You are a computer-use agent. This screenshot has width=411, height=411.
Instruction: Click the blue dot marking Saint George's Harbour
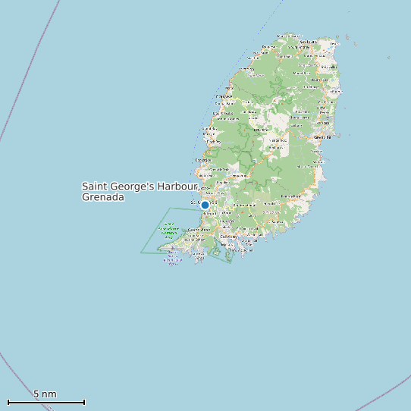205,205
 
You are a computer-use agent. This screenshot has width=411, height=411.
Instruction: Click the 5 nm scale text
45,394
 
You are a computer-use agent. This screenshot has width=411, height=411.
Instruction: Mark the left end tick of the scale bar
8,402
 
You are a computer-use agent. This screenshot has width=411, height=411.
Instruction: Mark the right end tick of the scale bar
84,402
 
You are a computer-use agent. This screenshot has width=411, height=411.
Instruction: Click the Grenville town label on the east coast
323,136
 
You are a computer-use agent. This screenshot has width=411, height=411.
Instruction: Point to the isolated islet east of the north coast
389,58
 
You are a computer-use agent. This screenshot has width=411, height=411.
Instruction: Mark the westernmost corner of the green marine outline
141,253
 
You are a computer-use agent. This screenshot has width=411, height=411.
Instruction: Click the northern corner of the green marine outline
170,208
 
